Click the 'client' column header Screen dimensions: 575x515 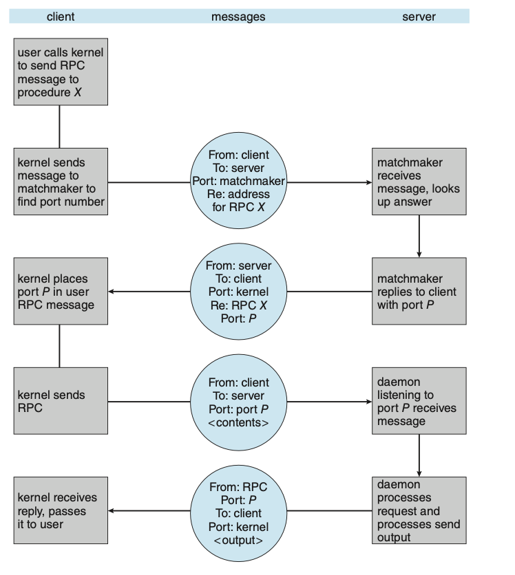coord(61,17)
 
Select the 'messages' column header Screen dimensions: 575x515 coord(238,17)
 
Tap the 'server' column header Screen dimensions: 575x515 coord(419,17)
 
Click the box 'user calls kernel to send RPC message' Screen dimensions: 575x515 coord(61,72)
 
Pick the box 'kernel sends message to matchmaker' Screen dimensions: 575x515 coord(61,182)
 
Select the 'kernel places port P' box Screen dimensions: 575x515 coord(61,292)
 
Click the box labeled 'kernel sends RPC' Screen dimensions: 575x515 coord(61,401)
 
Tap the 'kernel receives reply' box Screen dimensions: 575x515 coord(61,510)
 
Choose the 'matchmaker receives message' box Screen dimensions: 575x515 coord(419,182)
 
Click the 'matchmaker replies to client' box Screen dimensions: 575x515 coord(419,292)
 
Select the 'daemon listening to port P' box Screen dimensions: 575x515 coord(419,401)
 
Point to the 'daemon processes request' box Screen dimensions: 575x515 coord(419,510)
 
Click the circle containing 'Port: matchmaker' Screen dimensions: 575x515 coord(238,182)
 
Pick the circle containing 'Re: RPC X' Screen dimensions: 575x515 coord(238,292)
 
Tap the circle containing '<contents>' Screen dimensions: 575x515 coord(238,401)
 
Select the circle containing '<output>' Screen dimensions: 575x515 coord(238,510)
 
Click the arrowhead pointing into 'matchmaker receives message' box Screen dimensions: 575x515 coord(368,183)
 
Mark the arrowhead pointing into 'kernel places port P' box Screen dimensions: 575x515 coord(112,292)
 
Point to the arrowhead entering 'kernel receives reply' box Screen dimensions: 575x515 coord(112,511)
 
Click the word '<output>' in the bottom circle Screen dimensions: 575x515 coord(238,540)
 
